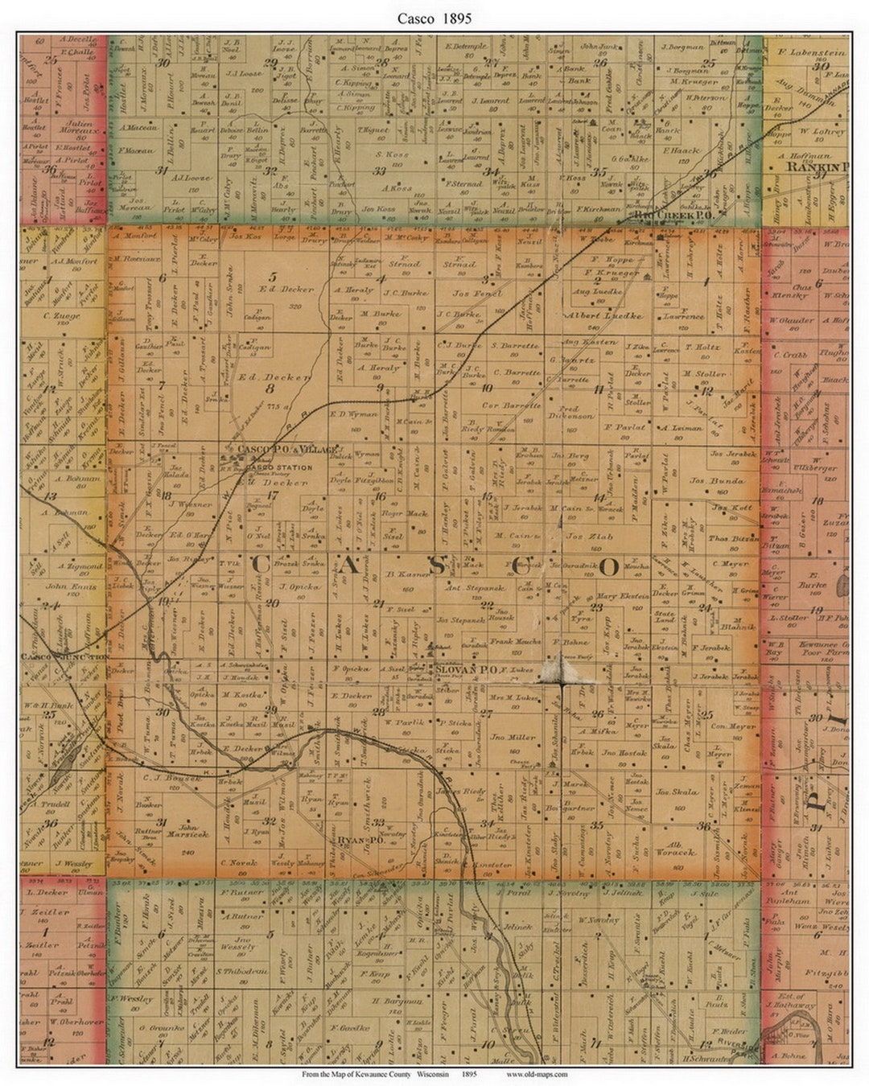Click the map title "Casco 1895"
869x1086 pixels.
[x=434, y=18]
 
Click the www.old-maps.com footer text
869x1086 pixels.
[x=537, y=1074]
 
